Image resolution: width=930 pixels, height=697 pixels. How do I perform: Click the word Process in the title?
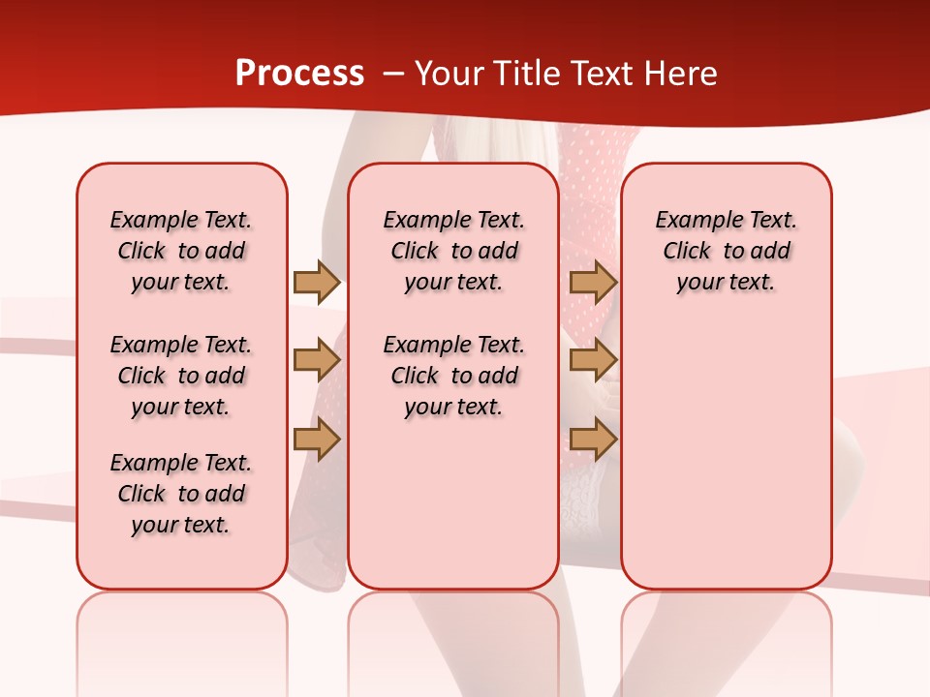[x=299, y=74]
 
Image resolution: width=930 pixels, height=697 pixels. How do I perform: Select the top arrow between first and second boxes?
[x=316, y=282]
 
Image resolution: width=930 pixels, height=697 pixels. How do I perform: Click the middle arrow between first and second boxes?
[x=316, y=361]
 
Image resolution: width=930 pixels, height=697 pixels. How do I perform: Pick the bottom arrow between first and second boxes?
[x=316, y=439]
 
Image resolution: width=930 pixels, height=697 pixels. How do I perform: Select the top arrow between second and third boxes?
[x=593, y=282]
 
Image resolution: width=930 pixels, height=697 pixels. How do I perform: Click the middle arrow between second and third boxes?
[x=593, y=361]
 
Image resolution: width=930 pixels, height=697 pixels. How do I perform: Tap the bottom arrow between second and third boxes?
[x=593, y=439]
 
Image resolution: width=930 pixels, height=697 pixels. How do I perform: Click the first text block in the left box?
[x=181, y=251]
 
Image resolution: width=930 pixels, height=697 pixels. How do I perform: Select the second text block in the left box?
[x=181, y=376]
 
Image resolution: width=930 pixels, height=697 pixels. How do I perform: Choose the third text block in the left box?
[x=181, y=494]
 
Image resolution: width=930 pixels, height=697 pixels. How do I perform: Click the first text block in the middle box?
[x=453, y=251]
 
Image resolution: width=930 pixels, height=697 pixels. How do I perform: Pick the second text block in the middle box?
[x=453, y=376]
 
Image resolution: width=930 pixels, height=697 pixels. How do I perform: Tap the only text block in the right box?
[x=726, y=251]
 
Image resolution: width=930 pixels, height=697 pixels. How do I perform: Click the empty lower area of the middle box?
[x=453, y=503]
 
